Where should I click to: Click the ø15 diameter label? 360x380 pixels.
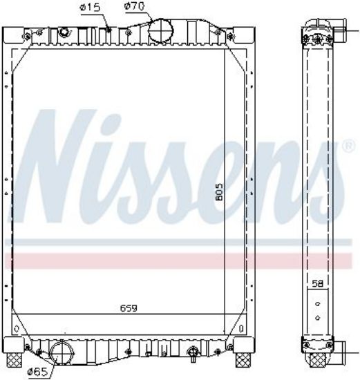[90, 8]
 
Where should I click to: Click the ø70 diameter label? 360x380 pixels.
[134, 6]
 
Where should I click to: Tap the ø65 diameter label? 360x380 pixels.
[37, 372]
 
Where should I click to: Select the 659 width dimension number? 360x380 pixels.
[129, 308]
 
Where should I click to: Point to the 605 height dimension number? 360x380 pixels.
[219, 192]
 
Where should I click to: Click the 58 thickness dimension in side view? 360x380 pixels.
[318, 284]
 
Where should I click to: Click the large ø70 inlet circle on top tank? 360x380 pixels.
[161, 32]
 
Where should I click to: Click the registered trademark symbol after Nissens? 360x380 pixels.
[349, 146]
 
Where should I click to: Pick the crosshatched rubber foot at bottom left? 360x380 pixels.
[15, 360]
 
